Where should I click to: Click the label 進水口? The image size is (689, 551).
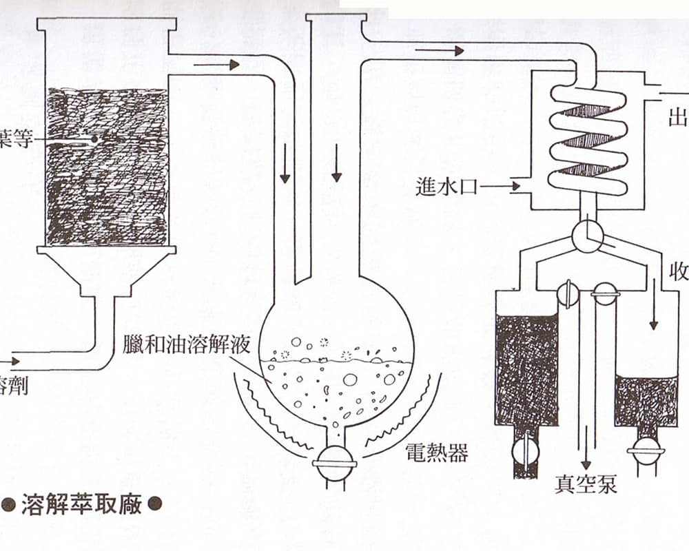447,186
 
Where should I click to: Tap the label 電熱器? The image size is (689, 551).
437,453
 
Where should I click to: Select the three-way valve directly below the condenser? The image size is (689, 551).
587,236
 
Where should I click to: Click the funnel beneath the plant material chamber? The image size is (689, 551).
106,271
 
